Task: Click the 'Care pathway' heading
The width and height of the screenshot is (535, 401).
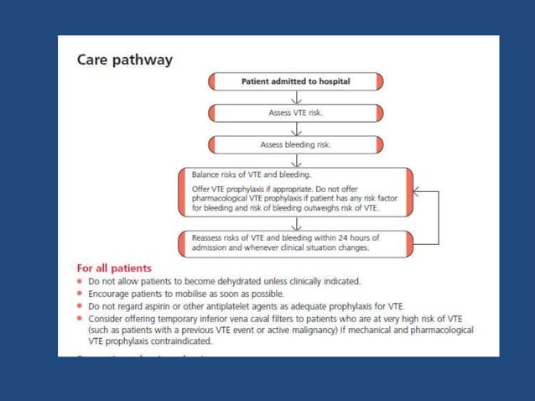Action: pyautogui.click(x=125, y=60)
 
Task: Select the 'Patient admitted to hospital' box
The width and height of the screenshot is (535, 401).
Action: pyautogui.click(x=296, y=82)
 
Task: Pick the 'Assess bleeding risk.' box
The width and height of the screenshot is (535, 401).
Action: pyautogui.click(x=296, y=144)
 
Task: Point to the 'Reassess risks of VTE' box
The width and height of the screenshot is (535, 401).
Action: pyautogui.click(x=296, y=242)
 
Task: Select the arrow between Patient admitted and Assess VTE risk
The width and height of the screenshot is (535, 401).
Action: pyautogui.click(x=296, y=97)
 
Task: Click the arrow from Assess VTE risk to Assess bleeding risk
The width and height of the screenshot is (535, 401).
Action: pyautogui.click(x=296, y=128)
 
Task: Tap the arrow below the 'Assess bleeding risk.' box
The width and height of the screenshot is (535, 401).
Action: pyautogui.click(x=296, y=159)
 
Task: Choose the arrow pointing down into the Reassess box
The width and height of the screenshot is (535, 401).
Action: pyautogui.click(x=296, y=224)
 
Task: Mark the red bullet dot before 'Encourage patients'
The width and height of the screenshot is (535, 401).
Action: pyautogui.click(x=81, y=294)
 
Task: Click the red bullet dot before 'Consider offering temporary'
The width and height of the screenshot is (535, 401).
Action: pyautogui.click(x=81, y=319)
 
